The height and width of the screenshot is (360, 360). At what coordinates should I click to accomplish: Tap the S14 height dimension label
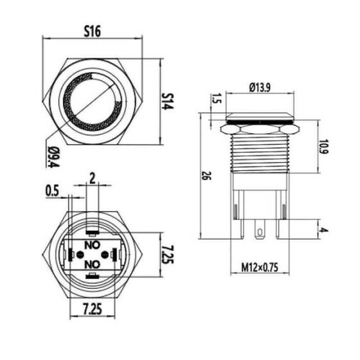pos(168,102)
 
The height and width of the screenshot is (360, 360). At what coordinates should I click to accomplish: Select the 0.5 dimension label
pos(53,191)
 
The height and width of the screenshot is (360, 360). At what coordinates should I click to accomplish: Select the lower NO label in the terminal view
pos(93,264)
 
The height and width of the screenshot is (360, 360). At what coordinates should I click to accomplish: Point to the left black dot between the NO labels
pos(80,255)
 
